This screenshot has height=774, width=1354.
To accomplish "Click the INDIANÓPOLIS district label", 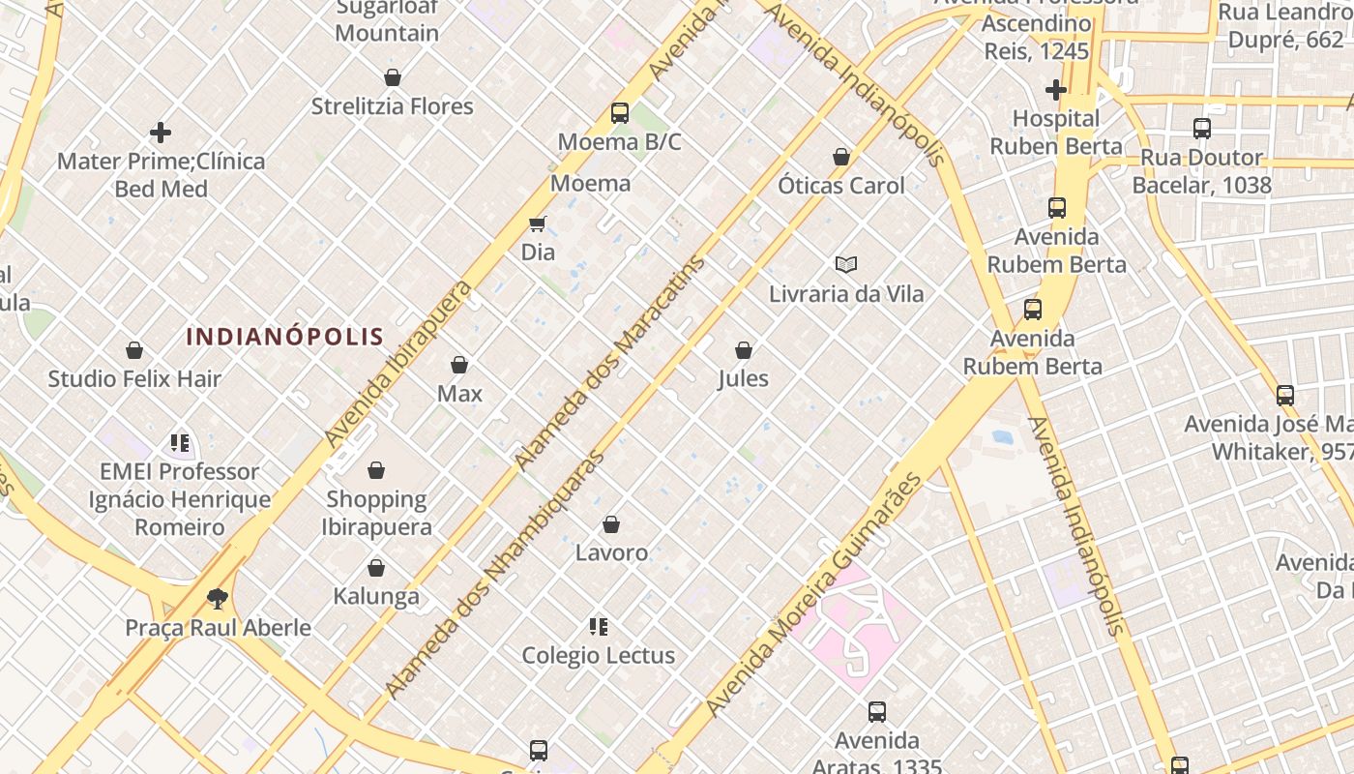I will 284,337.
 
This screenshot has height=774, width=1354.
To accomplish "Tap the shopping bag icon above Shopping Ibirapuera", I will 376,471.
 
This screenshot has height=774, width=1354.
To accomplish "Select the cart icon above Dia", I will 538,224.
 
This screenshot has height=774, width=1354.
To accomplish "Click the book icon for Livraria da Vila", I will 846,264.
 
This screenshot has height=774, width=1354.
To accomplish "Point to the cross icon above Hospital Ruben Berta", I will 1055,90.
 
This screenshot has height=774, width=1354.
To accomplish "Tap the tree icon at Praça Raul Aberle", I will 218,599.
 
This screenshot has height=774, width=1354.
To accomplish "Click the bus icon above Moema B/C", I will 620,113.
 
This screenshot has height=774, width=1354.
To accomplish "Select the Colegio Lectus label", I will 598,655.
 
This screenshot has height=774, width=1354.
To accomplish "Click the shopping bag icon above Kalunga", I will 376,568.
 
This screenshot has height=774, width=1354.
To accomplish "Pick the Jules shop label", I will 743,378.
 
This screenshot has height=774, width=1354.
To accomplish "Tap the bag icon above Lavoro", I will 611,525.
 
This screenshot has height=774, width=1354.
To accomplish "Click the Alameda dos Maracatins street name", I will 611,362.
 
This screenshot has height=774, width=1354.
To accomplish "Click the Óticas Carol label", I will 841,185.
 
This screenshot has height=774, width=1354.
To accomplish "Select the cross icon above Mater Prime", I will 161,133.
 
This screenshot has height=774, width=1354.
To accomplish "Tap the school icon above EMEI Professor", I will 180,443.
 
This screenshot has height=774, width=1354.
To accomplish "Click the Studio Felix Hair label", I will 134,378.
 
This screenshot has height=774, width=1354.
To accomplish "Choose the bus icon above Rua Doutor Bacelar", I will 1201,129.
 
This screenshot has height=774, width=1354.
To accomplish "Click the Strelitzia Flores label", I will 392,105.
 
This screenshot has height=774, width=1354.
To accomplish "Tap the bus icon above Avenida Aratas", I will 877,712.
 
